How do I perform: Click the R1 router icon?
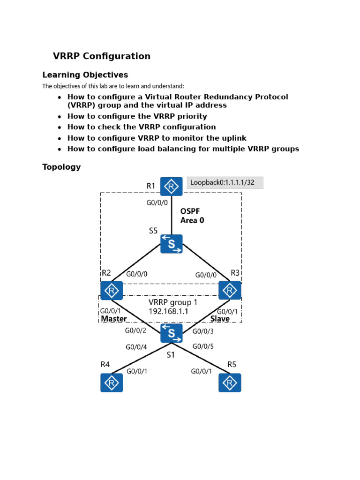click(x=171, y=186)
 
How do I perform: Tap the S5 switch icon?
click(x=171, y=244)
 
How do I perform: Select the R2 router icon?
click(x=112, y=291)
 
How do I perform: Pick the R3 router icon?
click(x=230, y=291)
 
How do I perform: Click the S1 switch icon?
click(x=171, y=333)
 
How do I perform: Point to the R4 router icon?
click(x=112, y=382)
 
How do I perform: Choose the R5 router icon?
click(x=230, y=382)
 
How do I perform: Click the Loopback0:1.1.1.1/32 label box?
click(x=225, y=182)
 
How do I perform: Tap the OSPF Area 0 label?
click(x=192, y=216)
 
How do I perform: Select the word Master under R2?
click(x=114, y=319)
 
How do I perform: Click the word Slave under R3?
click(x=220, y=319)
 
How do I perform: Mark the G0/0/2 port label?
click(x=135, y=330)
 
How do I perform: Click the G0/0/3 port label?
click(x=203, y=331)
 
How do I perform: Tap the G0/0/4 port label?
click(x=136, y=347)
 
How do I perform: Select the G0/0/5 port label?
click(x=203, y=347)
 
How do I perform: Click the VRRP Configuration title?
click(x=102, y=56)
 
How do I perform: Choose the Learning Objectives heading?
click(x=85, y=75)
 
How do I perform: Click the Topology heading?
click(x=61, y=167)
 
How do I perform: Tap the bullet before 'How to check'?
click(x=59, y=127)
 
